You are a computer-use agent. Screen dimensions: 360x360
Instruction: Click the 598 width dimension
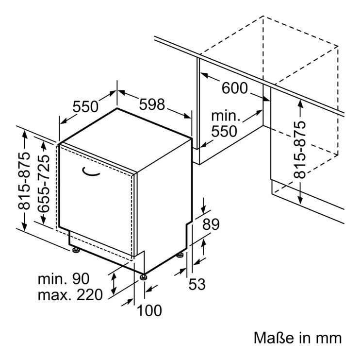152,104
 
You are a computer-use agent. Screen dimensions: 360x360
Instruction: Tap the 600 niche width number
235,88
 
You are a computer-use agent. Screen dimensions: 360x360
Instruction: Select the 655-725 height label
43,183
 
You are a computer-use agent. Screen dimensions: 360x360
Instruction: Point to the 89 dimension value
211,224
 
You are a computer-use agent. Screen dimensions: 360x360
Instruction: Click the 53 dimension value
197,284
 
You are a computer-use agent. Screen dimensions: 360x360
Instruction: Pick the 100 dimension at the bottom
149,310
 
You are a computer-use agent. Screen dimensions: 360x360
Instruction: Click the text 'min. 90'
64,279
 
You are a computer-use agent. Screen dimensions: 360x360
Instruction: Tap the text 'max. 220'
70,295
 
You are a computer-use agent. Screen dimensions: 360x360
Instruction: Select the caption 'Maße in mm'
298,338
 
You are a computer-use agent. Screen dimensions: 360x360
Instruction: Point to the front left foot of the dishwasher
76,250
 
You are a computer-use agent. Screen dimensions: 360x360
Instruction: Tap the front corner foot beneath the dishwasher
143,277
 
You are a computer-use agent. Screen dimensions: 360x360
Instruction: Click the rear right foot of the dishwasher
180,255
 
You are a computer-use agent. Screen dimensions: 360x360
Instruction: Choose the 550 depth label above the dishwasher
85,107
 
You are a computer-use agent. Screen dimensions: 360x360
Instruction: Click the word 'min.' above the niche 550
226,116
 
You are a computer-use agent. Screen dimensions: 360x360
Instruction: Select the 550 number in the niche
224,131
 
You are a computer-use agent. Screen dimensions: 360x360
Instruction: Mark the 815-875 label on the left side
24,181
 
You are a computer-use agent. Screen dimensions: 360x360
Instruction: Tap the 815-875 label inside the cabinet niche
300,150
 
